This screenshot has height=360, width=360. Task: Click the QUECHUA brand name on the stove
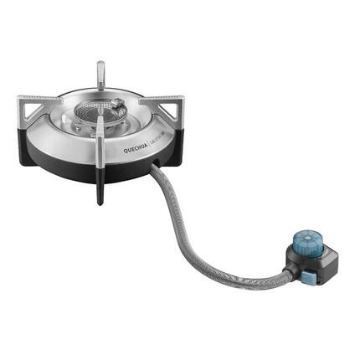point(137,147)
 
